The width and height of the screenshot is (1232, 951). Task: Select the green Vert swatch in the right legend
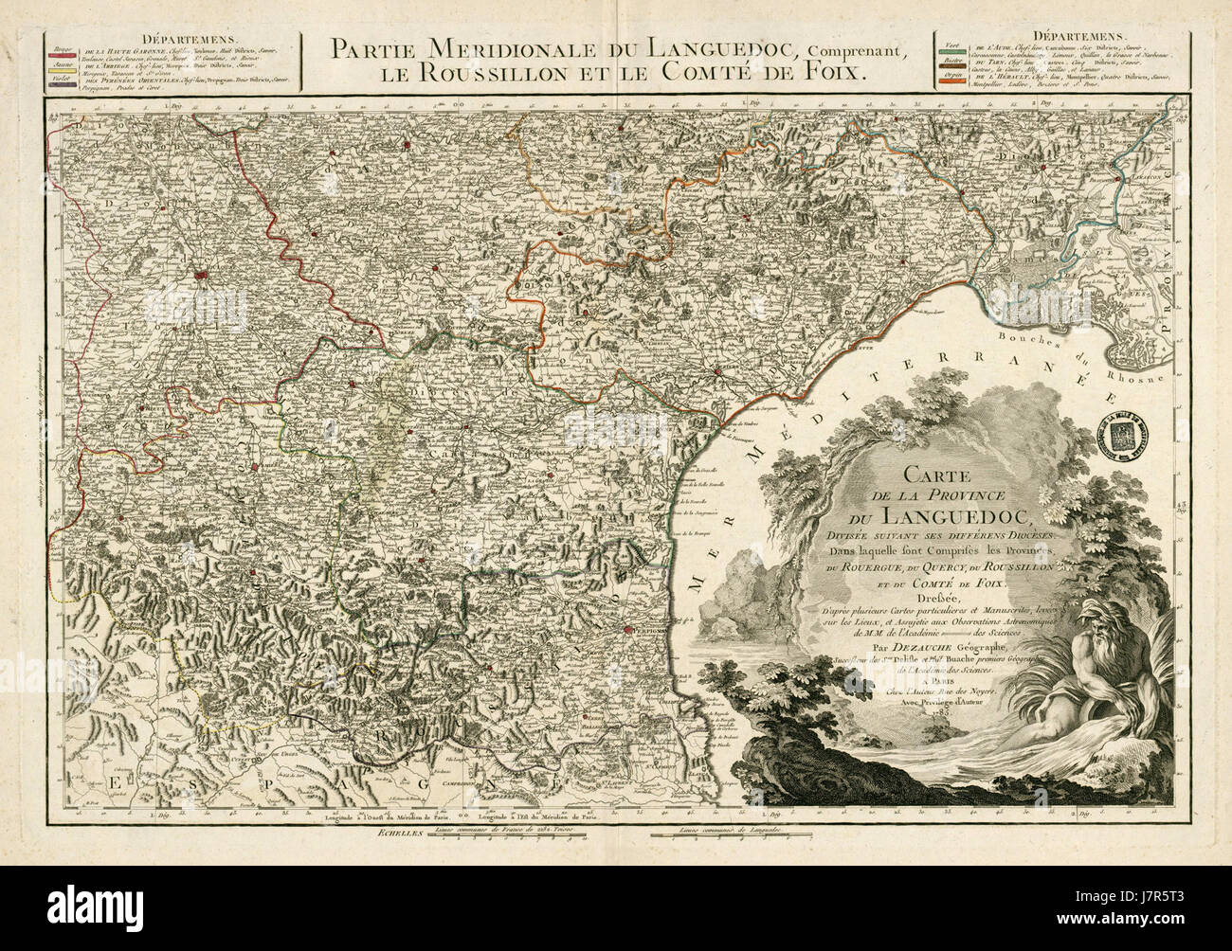952,50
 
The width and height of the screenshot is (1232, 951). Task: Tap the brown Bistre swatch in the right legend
952,67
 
